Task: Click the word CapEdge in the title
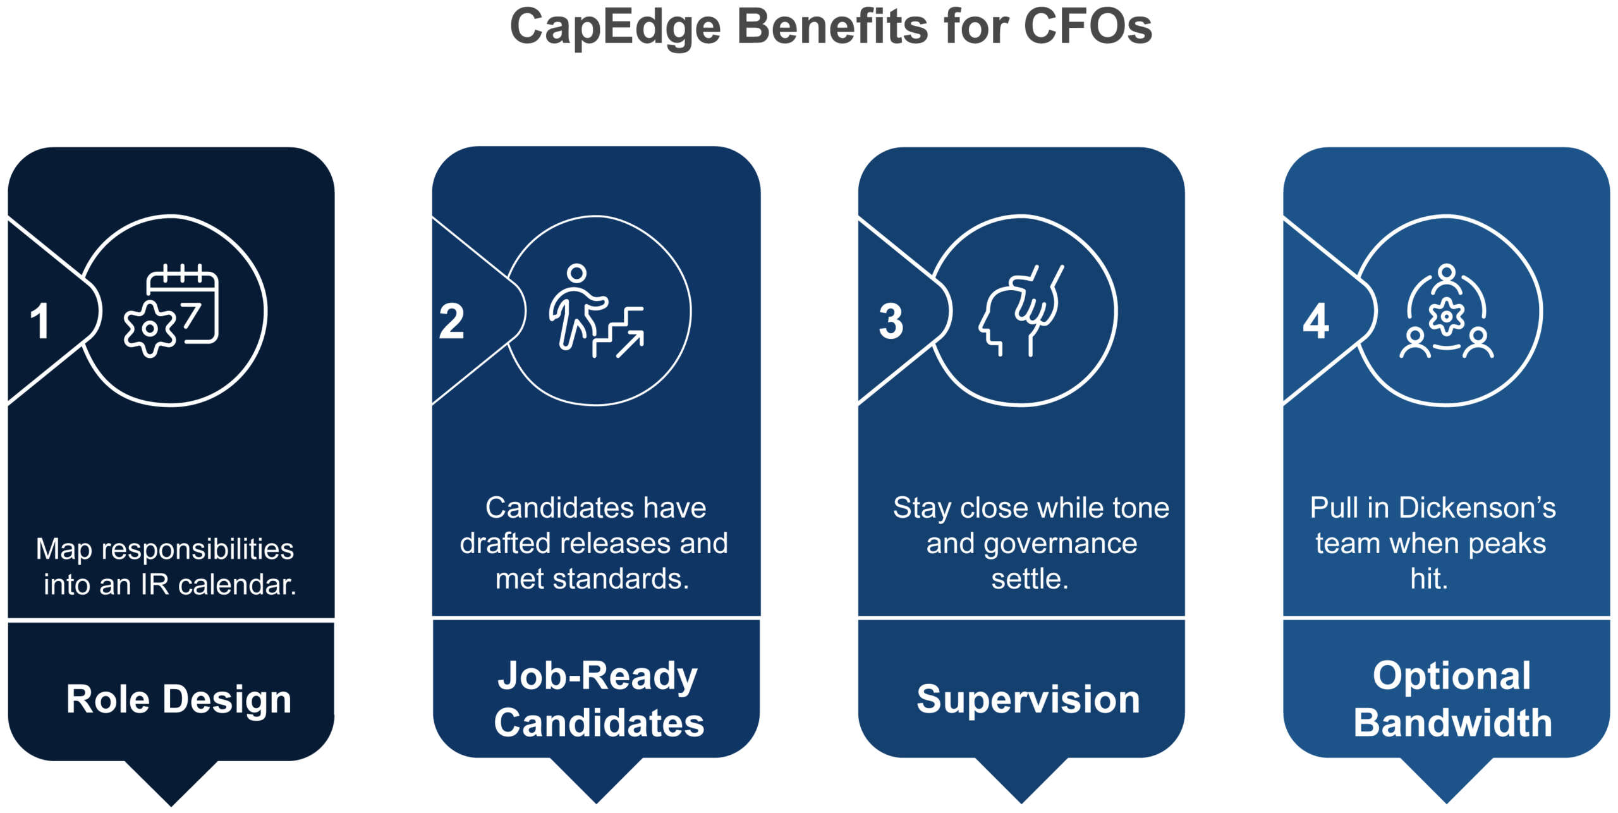(615, 28)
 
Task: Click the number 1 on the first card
(40, 321)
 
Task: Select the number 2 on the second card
(451, 321)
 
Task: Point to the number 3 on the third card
(891, 321)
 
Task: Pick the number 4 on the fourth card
(1316, 321)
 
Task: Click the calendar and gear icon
(171, 310)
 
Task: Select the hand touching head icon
(1021, 310)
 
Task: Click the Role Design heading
(179, 700)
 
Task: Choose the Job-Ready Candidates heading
(598, 699)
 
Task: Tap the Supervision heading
(1028, 699)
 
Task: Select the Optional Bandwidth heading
(1452, 699)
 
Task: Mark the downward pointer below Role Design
(171, 783)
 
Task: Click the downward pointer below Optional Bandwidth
(1447, 780)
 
